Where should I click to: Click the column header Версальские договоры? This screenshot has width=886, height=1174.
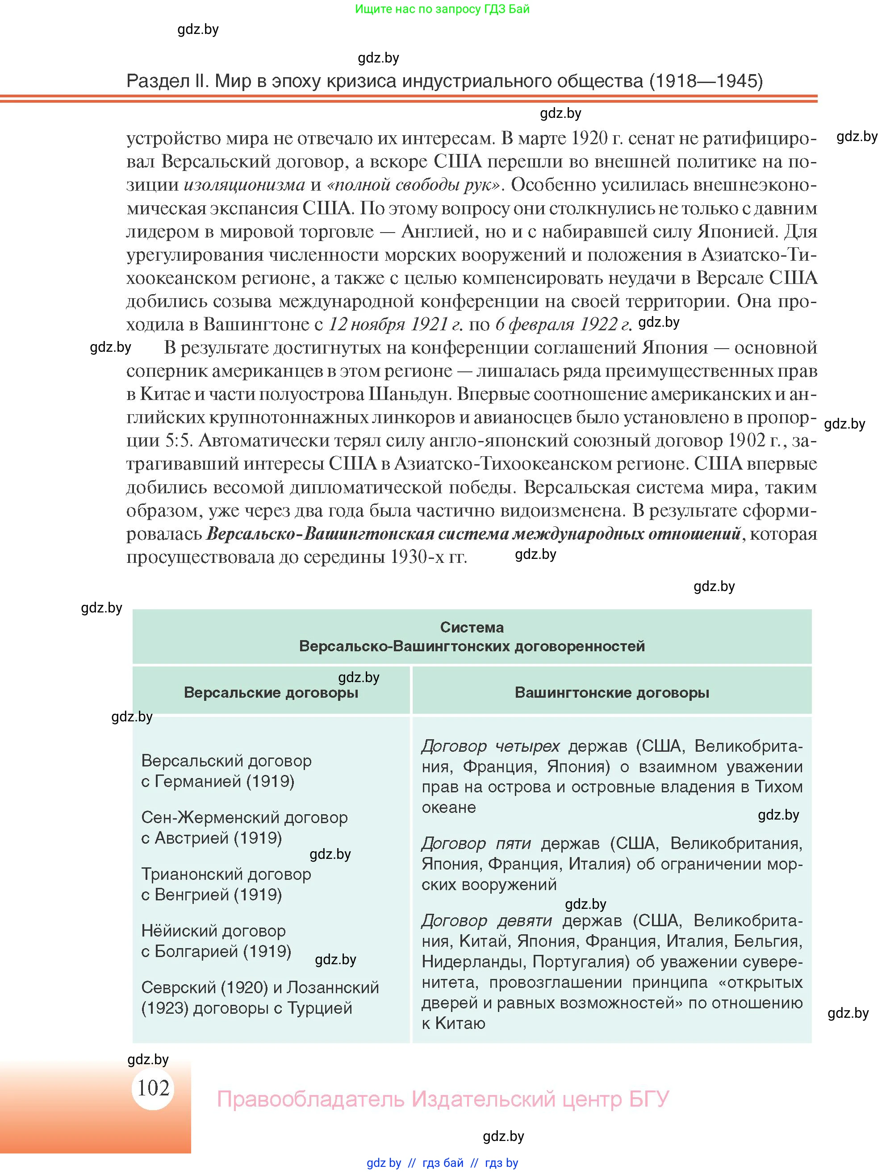pos(271,693)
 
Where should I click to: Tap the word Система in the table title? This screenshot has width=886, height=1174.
pos(472,627)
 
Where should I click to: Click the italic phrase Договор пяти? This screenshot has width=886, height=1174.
pos(476,843)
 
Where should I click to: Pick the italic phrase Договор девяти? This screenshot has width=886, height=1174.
pos(486,921)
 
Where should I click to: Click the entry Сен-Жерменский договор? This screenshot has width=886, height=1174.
pos(244,817)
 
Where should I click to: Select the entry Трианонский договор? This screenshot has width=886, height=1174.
pos(226,874)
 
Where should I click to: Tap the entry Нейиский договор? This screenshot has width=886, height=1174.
pos(213,930)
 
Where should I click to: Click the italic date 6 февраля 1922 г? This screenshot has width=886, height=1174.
pos(563,324)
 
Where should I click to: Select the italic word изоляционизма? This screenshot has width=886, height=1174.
pos(244,185)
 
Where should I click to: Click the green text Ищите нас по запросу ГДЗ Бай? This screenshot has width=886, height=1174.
pos(442,9)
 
